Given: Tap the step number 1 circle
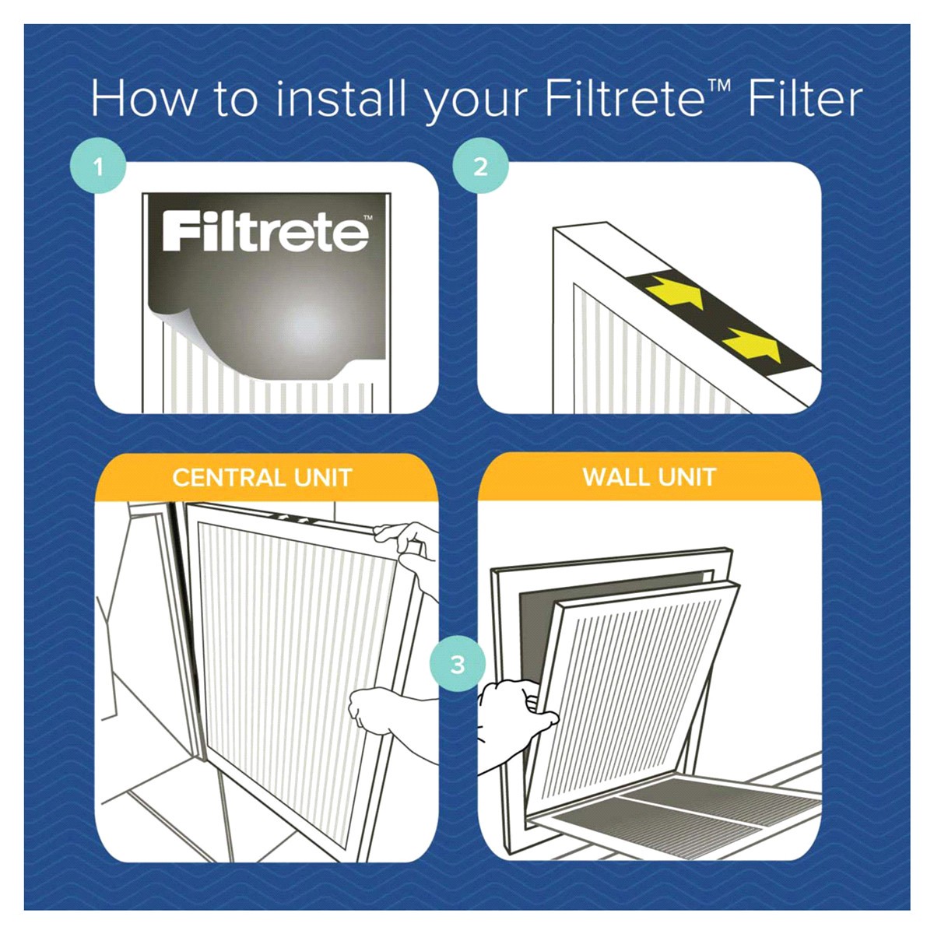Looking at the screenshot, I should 98,167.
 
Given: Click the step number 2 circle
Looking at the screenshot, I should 480,167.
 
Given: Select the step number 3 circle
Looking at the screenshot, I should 458,664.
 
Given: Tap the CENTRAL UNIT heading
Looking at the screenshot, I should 262,477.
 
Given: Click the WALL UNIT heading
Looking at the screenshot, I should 649,476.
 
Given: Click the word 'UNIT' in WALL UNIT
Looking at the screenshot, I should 686,476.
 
